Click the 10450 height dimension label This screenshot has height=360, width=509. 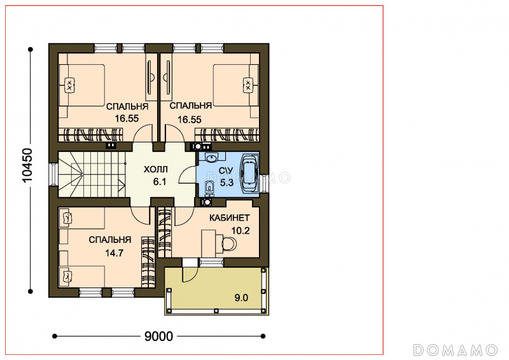click(27, 165)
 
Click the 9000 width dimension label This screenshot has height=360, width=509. click(158, 336)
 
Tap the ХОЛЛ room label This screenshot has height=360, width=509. click(156, 169)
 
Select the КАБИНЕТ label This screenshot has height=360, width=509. click(230, 218)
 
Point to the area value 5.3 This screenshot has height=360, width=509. click(227, 183)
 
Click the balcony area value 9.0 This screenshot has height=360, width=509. click(241, 298)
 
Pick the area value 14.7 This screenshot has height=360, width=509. click(115, 253)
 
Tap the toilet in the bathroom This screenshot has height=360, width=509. click(209, 187)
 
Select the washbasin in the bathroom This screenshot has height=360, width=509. click(211, 158)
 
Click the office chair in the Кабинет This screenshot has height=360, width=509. click(230, 244)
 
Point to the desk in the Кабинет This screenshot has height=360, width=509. click(209, 244)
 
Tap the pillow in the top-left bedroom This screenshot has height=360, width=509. click(70, 85)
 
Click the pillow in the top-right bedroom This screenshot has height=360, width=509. click(248, 85)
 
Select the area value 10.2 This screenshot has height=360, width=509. click(241, 230)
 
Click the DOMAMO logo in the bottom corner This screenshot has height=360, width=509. click(455, 350)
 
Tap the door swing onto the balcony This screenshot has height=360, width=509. click(190, 274)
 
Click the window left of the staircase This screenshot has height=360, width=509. click(52, 174)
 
